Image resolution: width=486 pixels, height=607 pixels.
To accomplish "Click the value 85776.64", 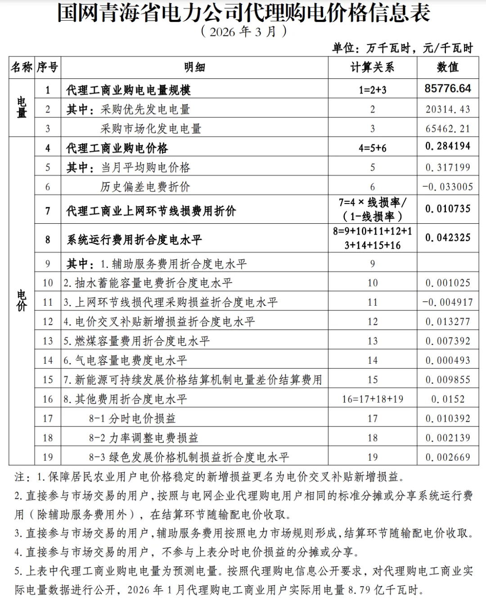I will [448, 88].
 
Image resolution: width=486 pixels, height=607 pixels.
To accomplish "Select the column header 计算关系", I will [372, 68].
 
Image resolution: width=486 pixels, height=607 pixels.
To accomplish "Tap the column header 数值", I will [448, 68].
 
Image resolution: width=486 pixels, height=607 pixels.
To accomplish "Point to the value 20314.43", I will [448, 109].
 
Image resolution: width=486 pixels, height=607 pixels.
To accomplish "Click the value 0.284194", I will [448, 146].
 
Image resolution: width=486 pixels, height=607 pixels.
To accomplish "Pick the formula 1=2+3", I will [372, 90].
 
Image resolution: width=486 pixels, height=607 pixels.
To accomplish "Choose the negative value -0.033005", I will [448, 187].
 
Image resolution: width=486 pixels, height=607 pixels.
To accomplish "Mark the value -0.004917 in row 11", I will [448, 302].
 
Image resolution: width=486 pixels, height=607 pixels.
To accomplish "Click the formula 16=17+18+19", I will [372, 399].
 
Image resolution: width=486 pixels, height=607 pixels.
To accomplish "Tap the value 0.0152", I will [448, 399].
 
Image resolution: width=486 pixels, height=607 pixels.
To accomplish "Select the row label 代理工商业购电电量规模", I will [128, 90].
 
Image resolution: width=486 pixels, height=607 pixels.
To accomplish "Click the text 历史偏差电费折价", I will [145, 187].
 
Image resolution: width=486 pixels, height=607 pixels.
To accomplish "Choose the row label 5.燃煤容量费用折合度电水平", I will [136, 341].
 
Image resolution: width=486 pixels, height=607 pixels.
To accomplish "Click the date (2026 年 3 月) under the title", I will [243, 32].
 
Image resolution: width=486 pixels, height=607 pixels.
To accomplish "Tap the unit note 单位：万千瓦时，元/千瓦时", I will [402, 48].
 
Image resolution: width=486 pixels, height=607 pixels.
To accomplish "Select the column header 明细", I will [194, 68].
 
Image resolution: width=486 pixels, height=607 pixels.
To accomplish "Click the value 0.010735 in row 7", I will [448, 209].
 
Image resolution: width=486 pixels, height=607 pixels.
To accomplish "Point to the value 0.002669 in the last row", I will [448, 457].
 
